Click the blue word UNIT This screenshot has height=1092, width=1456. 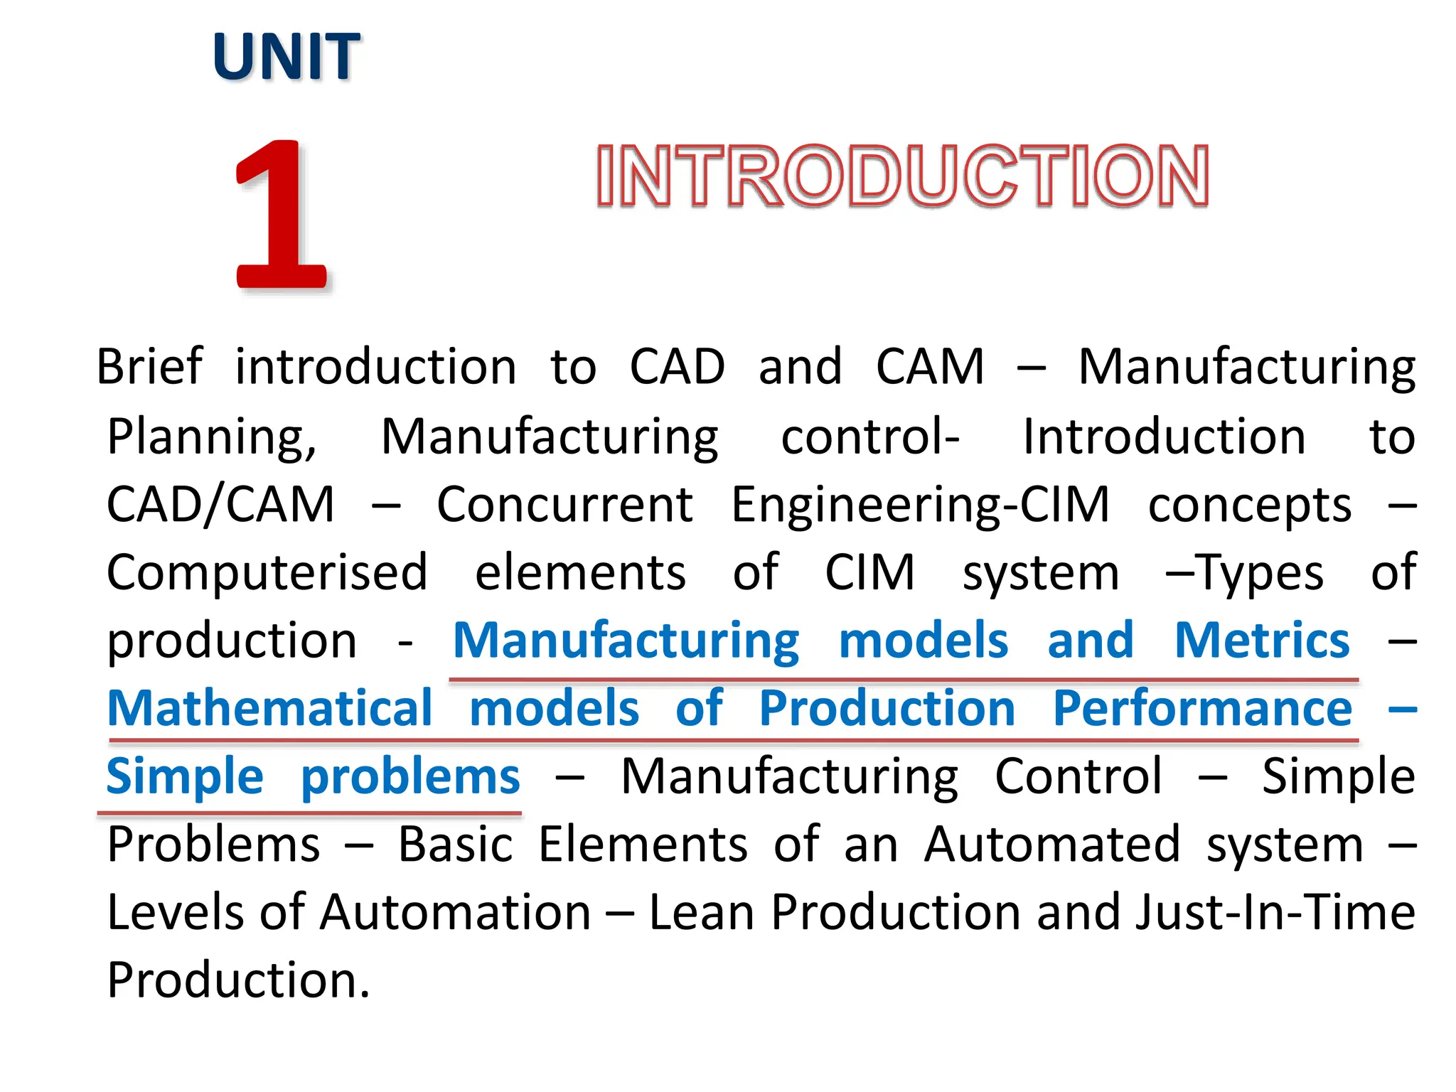pyautogui.click(x=286, y=57)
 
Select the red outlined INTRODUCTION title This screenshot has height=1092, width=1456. pyautogui.click(x=901, y=176)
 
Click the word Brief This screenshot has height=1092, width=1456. pyautogui.click(x=149, y=367)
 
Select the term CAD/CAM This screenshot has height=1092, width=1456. pyautogui.click(x=220, y=504)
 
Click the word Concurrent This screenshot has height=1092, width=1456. pyautogui.click(x=564, y=504)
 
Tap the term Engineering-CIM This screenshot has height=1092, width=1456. pyautogui.click(x=920, y=504)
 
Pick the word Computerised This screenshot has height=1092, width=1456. pyautogui.click(x=267, y=572)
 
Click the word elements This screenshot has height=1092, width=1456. pyautogui.click(x=580, y=572)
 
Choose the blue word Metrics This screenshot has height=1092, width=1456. pyautogui.click(x=1261, y=640)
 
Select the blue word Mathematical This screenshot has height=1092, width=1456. pyautogui.click(x=269, y=708)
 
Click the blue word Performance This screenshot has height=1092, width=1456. pyautogui.click(x=1202, y=708)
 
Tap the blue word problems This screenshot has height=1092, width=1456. pyautogui.click(x=410, y=776)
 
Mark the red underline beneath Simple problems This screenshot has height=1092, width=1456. pyautogui.click(x=309, y=811)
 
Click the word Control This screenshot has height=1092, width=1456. pyautogui.click(x=1078, y=776)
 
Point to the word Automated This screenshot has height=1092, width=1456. pyautogui.click(x=1051, y=844)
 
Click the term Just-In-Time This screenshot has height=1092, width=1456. pyautogui.click(x=1275, y=912)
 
